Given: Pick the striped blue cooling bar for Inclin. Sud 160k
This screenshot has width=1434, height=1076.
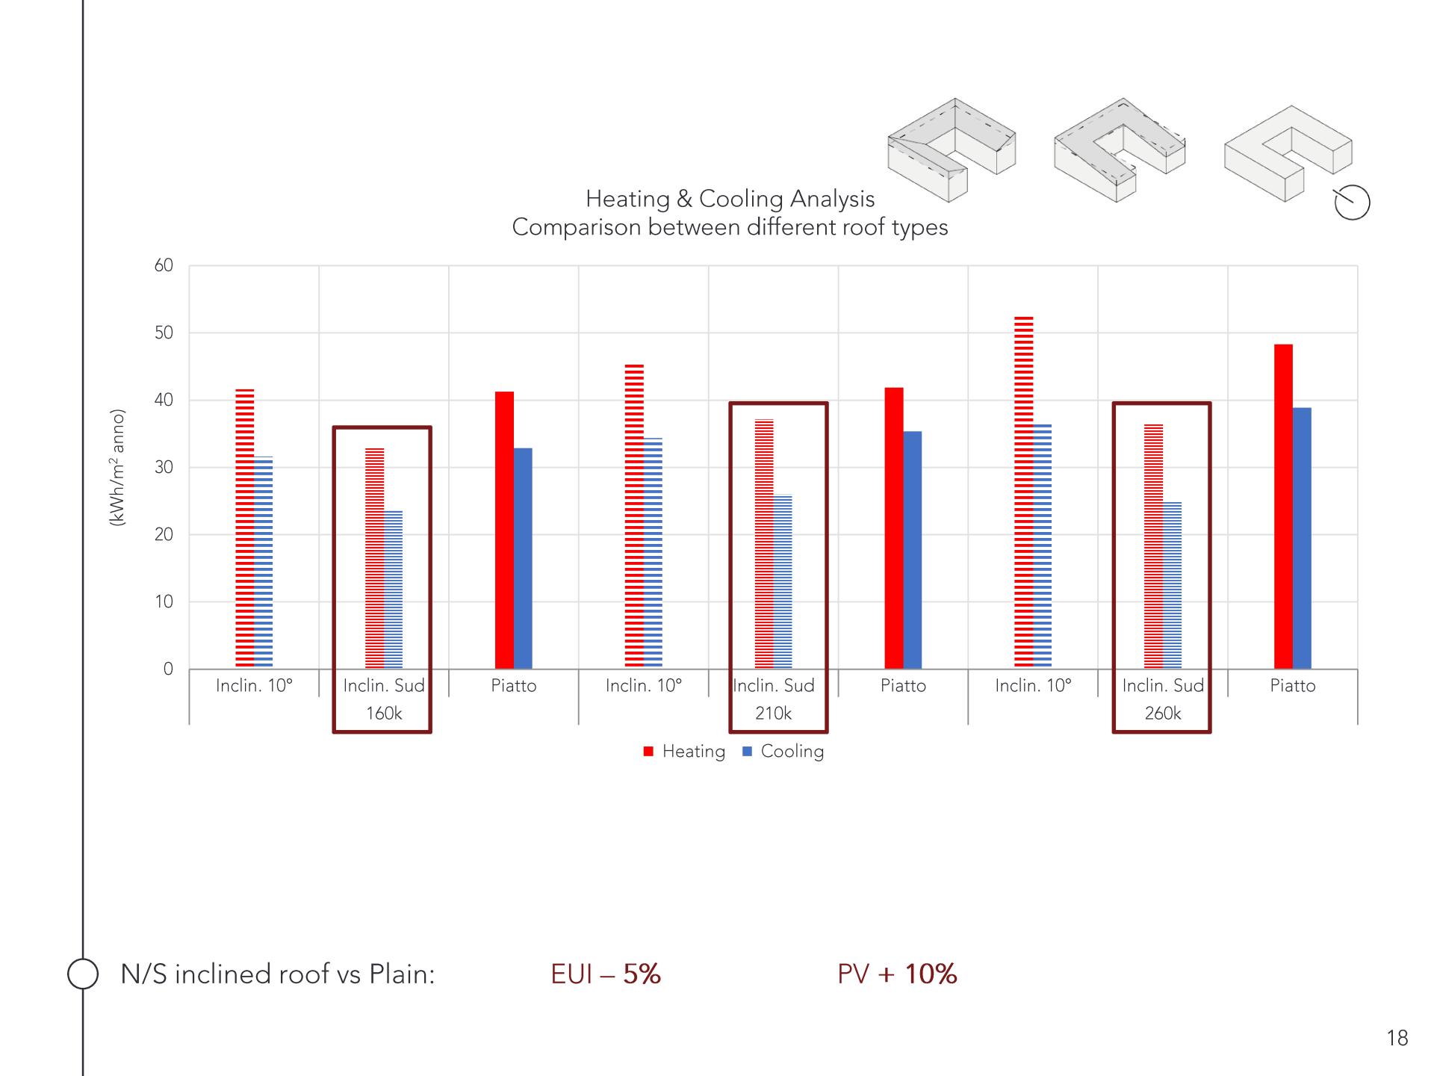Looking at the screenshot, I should click(394, 590).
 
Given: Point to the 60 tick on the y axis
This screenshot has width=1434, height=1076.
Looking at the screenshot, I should click(164, 266).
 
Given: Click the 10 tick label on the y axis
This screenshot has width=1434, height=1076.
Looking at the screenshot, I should click(164, 602).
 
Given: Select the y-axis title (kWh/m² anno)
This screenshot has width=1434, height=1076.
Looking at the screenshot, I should click(117, 468).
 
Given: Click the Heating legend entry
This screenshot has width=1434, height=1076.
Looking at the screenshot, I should click(684, 752).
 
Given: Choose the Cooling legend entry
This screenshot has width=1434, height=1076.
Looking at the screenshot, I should click(783, 752).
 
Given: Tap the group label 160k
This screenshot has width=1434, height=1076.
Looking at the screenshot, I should click(384, 714).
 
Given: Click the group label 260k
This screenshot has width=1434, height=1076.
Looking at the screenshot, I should click(1163, 714).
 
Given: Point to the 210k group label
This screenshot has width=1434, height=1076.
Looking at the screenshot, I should click(773, 714).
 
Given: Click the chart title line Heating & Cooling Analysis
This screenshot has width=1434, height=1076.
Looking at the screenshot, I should click(730, 199).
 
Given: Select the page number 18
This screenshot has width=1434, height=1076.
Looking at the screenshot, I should click(1397, 1038).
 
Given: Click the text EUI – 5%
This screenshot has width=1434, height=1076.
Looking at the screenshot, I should click(606, 974).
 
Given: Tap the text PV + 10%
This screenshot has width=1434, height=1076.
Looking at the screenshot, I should click(897, 974).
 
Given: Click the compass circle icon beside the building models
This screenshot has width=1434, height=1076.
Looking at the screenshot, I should click(1352, 202).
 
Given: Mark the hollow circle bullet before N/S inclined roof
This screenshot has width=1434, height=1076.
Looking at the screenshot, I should click(83, 974).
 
